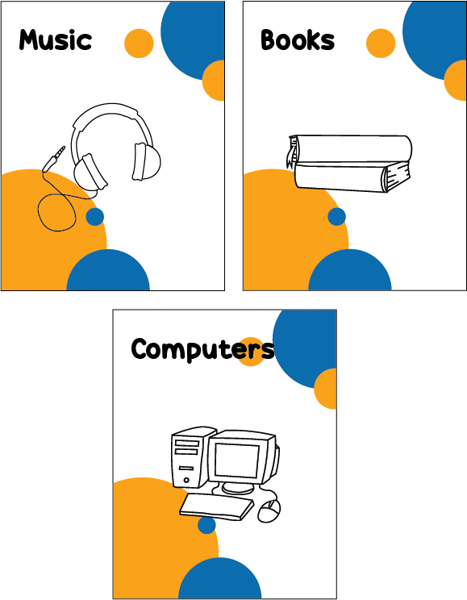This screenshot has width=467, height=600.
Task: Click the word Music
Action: (56, 40)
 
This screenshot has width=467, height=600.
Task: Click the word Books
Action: (298, 40)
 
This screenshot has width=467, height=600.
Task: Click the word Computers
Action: (203, 349)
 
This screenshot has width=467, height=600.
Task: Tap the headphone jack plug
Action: (54, 158)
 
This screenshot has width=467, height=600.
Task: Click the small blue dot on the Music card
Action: (95, 217)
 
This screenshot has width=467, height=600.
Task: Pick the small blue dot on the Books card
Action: (337, 217)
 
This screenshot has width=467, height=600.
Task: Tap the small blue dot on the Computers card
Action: (206, 525)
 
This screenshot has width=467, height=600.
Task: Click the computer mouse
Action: (269, 510)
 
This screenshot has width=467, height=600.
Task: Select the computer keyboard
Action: (217, 507)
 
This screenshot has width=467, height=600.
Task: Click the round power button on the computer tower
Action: (186, 480)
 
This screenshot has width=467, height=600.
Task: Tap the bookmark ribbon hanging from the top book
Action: (292, 153)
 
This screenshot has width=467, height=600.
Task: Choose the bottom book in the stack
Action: (352, 177)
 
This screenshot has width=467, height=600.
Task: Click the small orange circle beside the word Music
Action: (139, 44)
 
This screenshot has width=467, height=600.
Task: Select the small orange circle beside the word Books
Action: (381, 44)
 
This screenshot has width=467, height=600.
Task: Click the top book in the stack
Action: (350, 148)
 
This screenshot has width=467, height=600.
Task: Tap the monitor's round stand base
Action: (238, 488)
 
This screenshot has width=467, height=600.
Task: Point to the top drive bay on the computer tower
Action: (187, 444)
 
